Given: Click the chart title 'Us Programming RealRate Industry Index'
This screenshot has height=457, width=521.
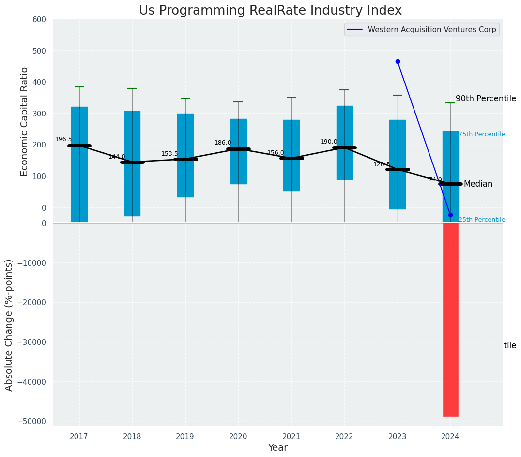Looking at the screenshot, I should [x=270, y=11].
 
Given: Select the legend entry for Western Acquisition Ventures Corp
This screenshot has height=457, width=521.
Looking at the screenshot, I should [x=431, y=30].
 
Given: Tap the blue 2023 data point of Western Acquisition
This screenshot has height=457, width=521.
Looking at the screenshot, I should [x=398, y=61].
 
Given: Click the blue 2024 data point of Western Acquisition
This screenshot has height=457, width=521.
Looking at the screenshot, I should [x=450, y=215].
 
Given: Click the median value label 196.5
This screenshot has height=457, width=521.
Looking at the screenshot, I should [x=63, y=139].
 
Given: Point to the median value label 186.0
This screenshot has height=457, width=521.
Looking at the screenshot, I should [x=223, y=143].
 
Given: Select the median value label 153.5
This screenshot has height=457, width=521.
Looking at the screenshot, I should [x=169, y=154].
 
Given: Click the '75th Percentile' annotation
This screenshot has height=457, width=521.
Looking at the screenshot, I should [x=482, y=134].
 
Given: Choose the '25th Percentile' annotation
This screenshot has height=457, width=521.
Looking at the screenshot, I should [x=482, y=220].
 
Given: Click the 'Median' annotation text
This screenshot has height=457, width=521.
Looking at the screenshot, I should [x=478, y=184].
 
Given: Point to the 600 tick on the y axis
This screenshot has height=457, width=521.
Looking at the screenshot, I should [x=39, y=19].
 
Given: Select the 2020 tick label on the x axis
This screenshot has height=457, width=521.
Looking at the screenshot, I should [x=238, y=437].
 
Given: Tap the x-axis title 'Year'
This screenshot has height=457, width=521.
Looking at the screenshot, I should [x=278, y=448].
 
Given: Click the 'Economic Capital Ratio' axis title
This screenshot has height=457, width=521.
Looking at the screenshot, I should [x=25, y=121].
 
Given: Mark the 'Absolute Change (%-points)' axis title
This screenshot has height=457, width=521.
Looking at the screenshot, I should [x=9, y=325].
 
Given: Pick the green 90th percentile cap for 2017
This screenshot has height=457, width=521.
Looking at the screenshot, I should [x=79, y=87].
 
